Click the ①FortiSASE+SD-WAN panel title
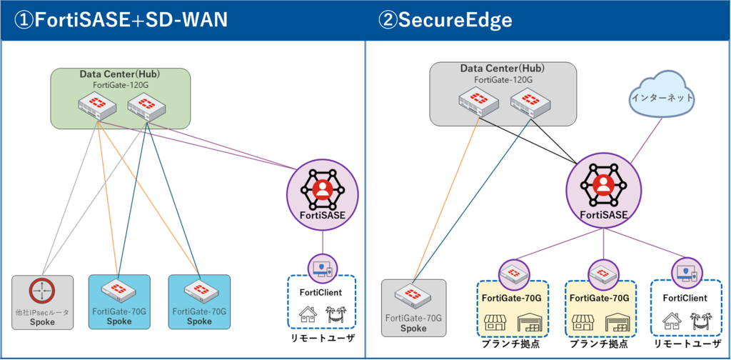click(x=121, y=19)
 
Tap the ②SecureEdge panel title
click(x=445, y=19)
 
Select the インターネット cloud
click(x=662, y=97)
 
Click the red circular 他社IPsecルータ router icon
click(x=43, y=291)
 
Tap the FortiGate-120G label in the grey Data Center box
click(x=503, y=79)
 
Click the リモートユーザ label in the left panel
click(x=322, y=337)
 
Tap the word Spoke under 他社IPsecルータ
click(x=43, y=322)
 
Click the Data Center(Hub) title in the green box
click(x=119, y=74)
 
